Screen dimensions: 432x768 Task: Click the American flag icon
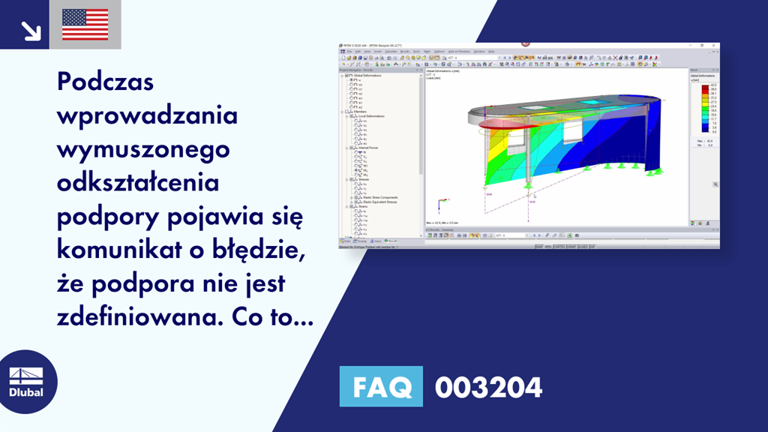point(85,24)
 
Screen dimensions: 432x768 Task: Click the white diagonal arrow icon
point(31,30)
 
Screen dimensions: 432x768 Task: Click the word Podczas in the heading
point(105,82)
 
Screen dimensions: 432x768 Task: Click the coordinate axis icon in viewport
point(439,202)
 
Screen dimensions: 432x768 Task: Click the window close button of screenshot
point(715,46)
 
